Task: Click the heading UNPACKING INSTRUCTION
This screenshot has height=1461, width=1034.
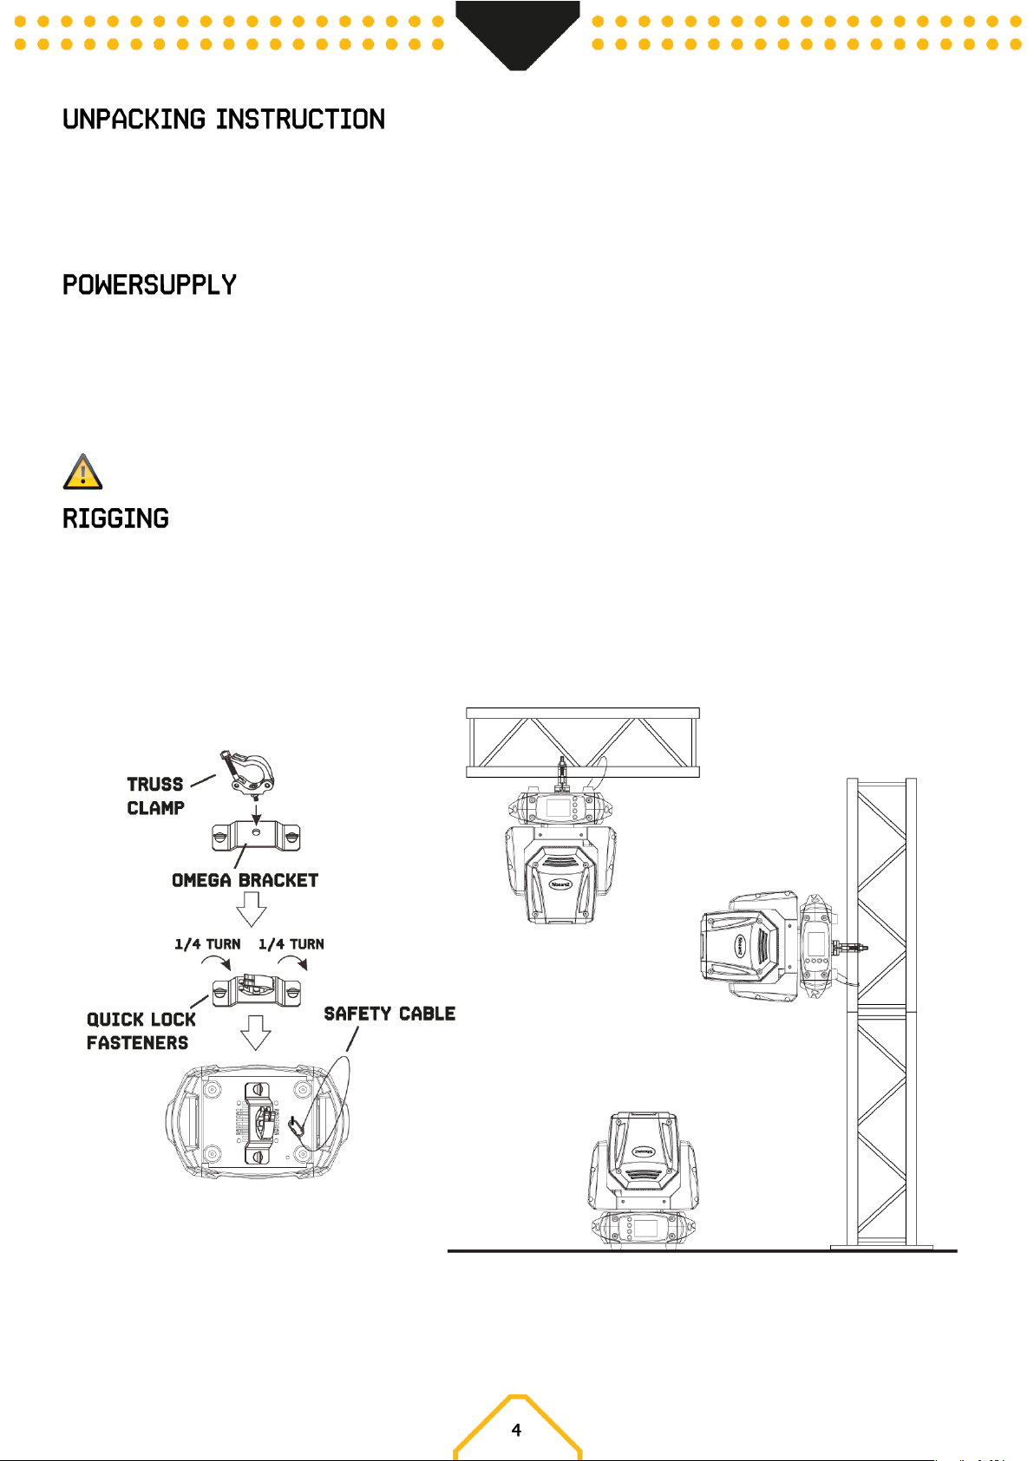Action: click(x=224, y=120)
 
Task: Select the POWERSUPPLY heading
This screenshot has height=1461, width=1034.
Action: click(x=149, y=285)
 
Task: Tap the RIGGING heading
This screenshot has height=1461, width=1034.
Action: click(x=115, y=519)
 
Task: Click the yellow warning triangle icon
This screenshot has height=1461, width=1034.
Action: click(x=83, y=472)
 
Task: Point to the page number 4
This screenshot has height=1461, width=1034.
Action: click(x=517, y=1430)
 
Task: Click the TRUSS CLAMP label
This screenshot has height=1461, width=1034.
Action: click(x=155, y=796)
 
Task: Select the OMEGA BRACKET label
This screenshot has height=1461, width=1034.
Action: click(x=245, y=881)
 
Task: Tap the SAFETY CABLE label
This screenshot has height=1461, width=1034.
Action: click(x=389, y=1014)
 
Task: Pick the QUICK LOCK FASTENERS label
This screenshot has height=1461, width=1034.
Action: click(x=141, y=1031)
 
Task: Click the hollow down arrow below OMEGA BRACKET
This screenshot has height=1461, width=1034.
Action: click(x=252, y=910)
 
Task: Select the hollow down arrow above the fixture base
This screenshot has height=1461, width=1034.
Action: click(x=256, y=1033)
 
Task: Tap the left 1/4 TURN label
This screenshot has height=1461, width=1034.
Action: click(x=207, y=943)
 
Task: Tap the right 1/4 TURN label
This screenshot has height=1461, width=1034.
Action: click(x=291, y=943)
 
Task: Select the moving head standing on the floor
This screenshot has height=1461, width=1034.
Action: click(x=645, y=1180)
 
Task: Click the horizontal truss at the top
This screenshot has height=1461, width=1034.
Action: click(x=583, y=742)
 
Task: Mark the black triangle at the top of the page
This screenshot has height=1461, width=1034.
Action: click(x=517, y=34)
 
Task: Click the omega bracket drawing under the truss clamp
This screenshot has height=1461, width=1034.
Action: click(x=256, y=836)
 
